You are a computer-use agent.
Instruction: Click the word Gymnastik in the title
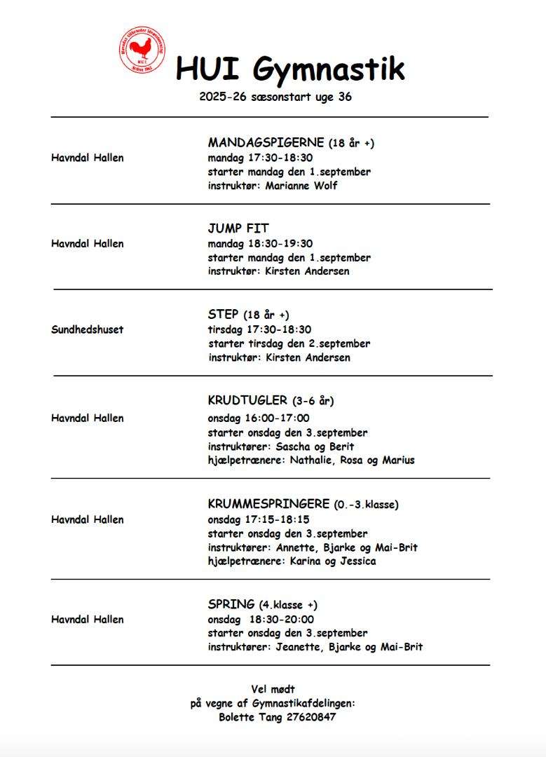pos(328,69)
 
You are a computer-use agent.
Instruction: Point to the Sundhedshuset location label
pos(87,329)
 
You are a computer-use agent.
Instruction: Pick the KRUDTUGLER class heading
pos(247,400)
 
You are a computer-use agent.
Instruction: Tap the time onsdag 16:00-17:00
pos(259,418)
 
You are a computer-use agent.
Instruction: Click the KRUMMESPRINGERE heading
pos(268,503)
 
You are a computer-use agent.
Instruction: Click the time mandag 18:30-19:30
pos(260,243)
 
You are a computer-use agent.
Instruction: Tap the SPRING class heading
pos(231,604)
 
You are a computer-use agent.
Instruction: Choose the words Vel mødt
pos(273,689)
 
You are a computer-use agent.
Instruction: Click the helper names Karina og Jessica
pos(333,561)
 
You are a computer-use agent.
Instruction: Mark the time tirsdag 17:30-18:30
pos(259,329)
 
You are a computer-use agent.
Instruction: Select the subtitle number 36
pos(345,97)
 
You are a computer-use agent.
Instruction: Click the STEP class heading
pos(224,314)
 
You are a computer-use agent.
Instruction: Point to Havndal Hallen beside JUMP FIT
pos(87,243)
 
